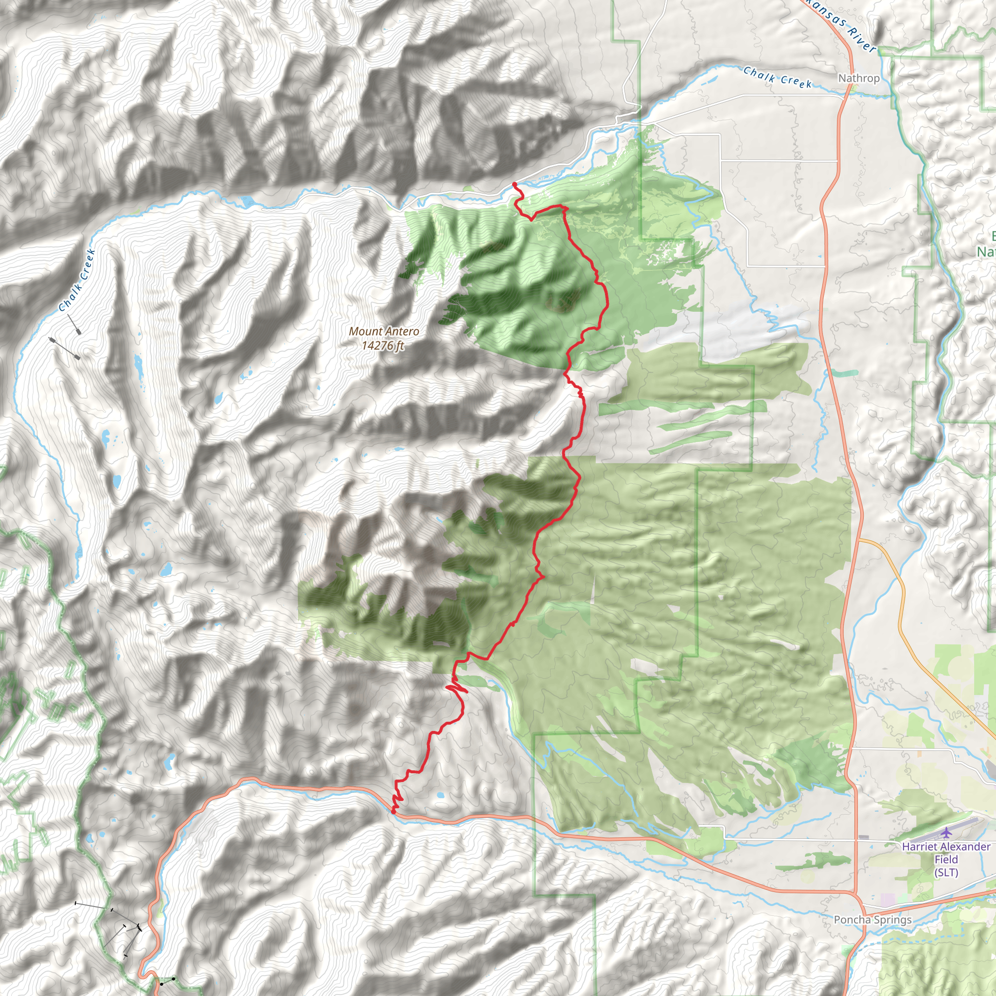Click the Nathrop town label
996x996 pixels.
tap(858, 78)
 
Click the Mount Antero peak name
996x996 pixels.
tap(384, 332)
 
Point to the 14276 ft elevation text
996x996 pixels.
tap(383, 345)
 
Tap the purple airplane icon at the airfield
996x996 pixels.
tap(946, 832)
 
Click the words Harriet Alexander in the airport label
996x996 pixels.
tap(946, 847)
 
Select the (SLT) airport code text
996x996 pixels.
tap(946, 872)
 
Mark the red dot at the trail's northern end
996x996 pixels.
tap(515, 184)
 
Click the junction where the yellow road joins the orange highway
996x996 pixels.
tap(860, 540)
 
